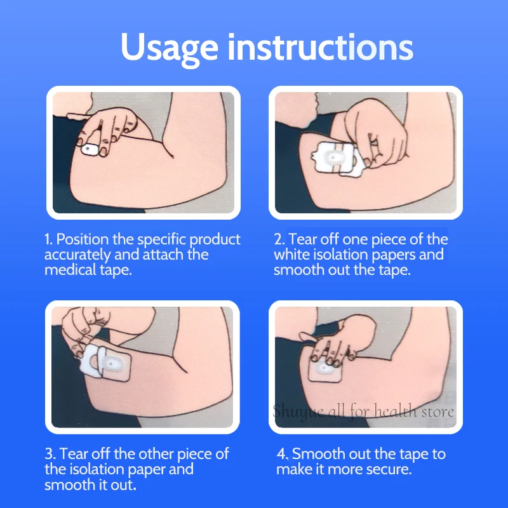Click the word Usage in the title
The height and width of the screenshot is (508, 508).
click(x=169, y=49)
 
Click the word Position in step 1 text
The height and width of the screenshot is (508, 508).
click(x=83, y=239)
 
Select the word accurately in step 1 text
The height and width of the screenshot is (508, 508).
click(x=77, y=255)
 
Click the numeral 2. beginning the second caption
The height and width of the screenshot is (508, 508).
click(x=279, y=239)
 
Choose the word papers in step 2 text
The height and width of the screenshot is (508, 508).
click(x=392, y=255)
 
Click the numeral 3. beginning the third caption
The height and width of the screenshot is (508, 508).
click(x=50, y=454)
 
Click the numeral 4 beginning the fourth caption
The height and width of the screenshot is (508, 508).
click(x=281, y=454)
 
